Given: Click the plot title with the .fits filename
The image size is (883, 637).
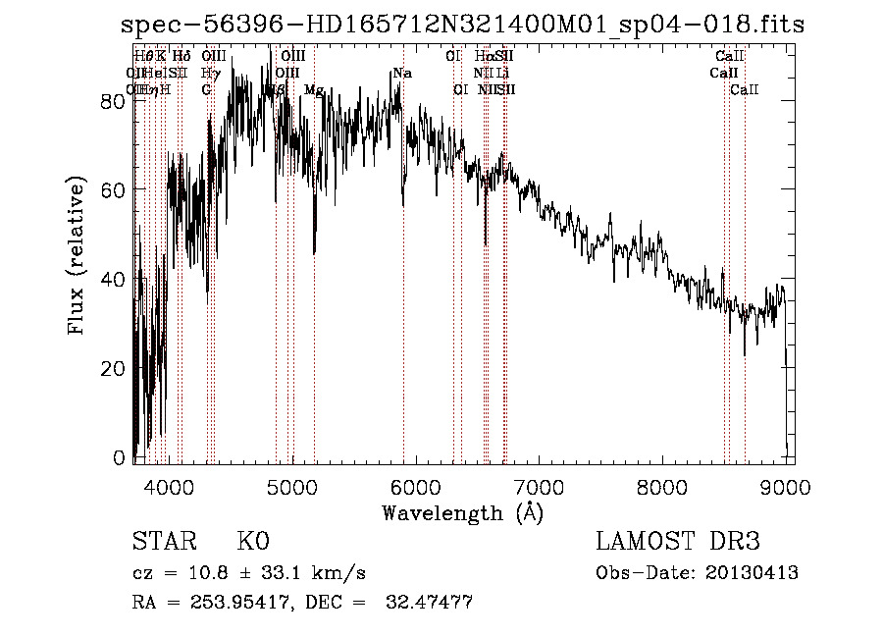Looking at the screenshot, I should [x=462, y=26].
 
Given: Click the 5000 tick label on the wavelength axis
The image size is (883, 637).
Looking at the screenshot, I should [x=291, y=485].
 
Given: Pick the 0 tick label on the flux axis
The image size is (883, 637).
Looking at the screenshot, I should [x=118, y=457].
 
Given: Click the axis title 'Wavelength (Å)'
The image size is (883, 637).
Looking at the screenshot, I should [x=462, y=512].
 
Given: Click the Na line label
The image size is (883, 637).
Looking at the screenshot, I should [x=401, y=74].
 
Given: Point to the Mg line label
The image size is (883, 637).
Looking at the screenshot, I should [x=314, y=90].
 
